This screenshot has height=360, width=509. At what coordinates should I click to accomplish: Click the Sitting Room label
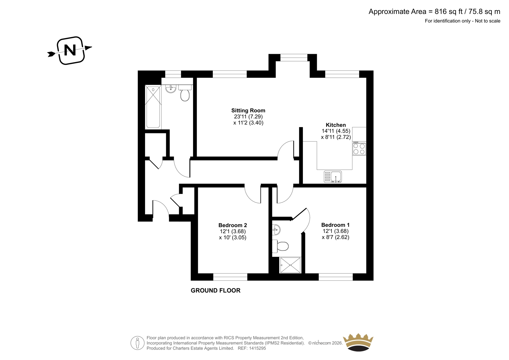pyautogui.click(x=248, y=110)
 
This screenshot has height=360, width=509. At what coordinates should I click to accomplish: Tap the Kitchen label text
pyautogui.click(x=336, y=125)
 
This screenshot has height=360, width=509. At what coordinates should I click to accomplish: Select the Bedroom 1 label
pyautogui.click(x=335, y=225)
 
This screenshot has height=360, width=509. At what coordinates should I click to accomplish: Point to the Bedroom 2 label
pyautogui.click(x=233, y=225)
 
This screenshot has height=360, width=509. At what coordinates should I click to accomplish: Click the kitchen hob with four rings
pyautogui.click(x=359, y=149)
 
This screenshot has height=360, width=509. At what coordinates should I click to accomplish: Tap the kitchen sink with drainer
pyautogui.click(x=333, y=177)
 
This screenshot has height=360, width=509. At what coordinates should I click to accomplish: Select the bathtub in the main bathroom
pyautogui.click(x=153, y=107)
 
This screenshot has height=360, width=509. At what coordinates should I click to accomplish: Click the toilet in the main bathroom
pyautogui.click(x=185, y=93)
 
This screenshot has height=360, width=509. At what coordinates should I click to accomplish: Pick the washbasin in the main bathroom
pyautogui.click(x=171, y=89)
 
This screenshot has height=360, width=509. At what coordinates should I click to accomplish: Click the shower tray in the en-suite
pyautogui.click(x=290, y=265)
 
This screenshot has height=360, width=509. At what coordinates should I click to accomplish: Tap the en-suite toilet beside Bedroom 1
pyautogui.click(x=280, y=246)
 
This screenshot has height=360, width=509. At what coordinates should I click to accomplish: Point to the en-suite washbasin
pyautogui.click(x=276, y=230)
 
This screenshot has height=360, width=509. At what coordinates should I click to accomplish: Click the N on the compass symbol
pyautogui.click(x=70, y=50)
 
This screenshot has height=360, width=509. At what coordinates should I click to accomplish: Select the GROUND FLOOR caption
pyautogui.click(x=215, y=290)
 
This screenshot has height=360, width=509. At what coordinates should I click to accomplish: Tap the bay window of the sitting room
pyautogui.click(x=294, y=58)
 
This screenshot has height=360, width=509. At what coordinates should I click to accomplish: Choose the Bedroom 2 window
pyautogui.click(x=230, y=277)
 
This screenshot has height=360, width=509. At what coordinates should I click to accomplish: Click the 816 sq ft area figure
pyautogui.click(x=449, y=11)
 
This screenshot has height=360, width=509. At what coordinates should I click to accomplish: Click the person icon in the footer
pyautogui.click(x=137, y=343)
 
